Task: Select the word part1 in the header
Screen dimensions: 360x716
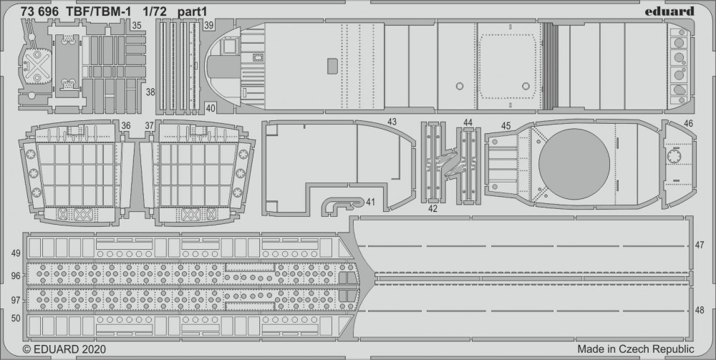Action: click(x=193, y=11)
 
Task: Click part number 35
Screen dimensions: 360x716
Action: click(x=136, y=26)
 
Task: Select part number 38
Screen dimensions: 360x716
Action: click(x=150, y=92)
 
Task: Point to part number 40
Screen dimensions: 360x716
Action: click(x=209, y=108)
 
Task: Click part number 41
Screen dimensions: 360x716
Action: click(x=370, y=203)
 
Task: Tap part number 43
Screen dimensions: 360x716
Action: click(x=392, y=122)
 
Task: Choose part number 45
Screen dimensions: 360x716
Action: click(x=505, y=126)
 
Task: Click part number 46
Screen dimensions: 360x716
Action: click(x=688, y=123)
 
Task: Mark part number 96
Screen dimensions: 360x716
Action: click(x=15, y=275)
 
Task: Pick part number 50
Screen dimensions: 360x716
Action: click(x=15, y=317)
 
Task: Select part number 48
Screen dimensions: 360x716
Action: click(x=700, y=311)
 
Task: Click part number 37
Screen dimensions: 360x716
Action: click(x=149, y=126)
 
